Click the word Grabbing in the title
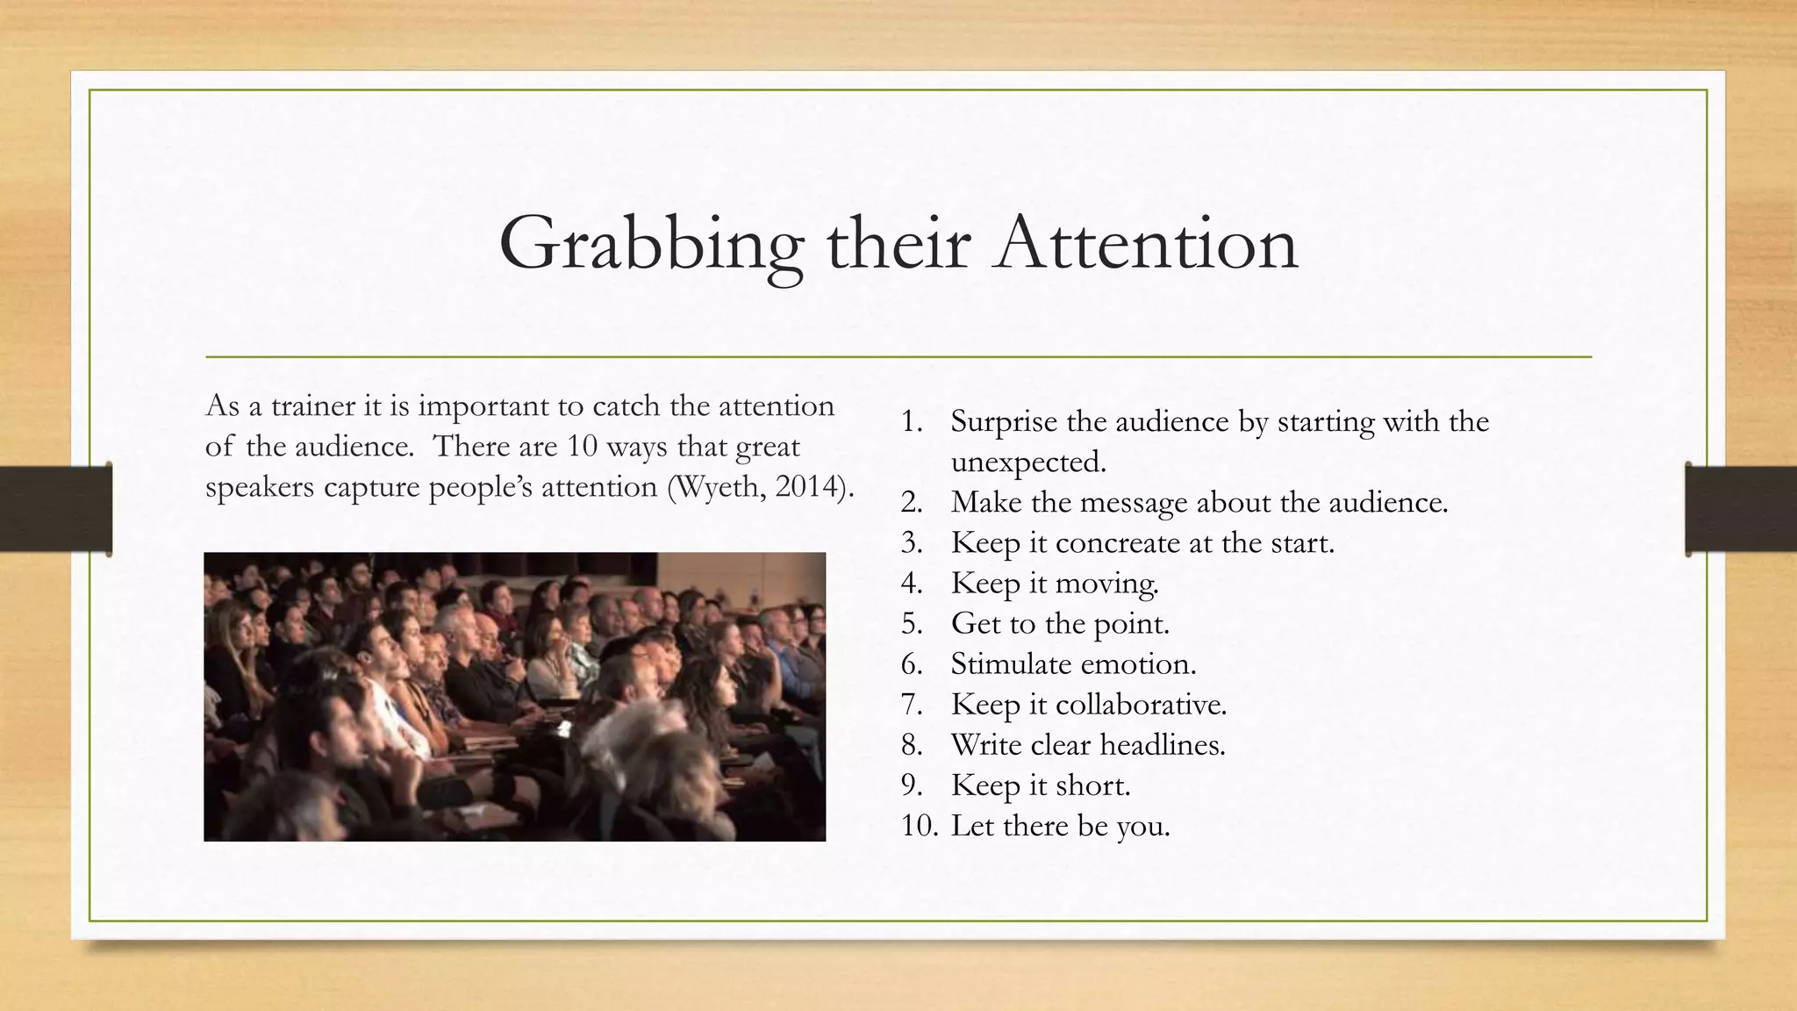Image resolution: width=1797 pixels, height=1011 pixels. click(650, 244)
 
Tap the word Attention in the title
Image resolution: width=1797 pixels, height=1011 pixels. click(1146, 244)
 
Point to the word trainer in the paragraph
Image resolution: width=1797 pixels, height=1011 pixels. click(312, 406)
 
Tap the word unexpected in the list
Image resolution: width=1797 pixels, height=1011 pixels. click(1027, 462)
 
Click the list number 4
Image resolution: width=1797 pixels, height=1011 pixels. click(911, 584)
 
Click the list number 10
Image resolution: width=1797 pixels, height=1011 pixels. click(919, 826)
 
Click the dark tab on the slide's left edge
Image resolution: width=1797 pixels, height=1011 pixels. click(55, 509)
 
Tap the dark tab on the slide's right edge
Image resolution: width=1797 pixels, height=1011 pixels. click(1741, 509)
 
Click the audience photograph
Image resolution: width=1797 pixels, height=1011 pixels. click(514, 697)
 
